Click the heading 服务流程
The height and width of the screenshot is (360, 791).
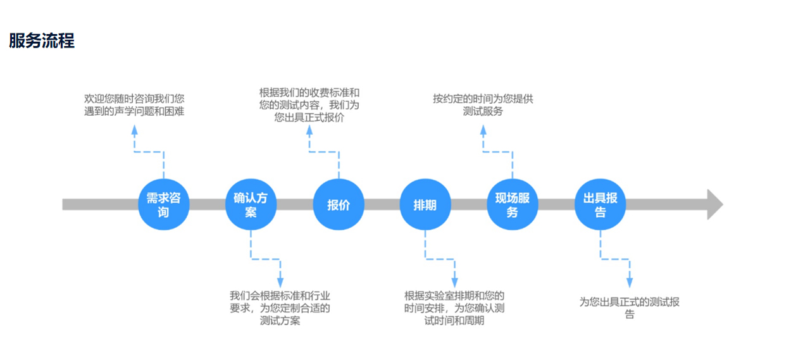click(42, 41)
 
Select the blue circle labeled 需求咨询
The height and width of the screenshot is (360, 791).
click(164, 204)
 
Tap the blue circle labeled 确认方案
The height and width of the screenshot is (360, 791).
click(251, 204)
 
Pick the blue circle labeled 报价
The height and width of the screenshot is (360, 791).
click(338, 204)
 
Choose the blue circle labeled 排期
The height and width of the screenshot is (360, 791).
click(425, 204)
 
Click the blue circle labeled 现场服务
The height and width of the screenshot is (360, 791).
click(512, 204)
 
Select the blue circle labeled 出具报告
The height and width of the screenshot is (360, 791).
click(599, 204)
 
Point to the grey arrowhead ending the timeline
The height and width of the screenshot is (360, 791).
click(714, 204)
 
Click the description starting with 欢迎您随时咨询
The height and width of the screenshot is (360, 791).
click(134, 105)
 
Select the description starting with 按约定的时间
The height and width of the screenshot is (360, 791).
click(483, 105)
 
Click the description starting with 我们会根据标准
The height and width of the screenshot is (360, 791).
click(280, 308)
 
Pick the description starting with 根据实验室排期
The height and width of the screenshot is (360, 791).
click(454, 308)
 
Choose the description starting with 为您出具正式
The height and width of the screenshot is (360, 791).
click(629, 308)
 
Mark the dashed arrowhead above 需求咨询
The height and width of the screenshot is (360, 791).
click(134, 130)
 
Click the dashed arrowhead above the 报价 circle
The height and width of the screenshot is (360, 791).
click(309, 130)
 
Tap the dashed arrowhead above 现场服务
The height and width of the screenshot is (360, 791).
click(483, 130)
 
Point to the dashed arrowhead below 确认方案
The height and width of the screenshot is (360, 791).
click(280, 282)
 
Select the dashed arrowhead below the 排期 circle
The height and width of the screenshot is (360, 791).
click(454, 282)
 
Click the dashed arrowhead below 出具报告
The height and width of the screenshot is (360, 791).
click(629, 282)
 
